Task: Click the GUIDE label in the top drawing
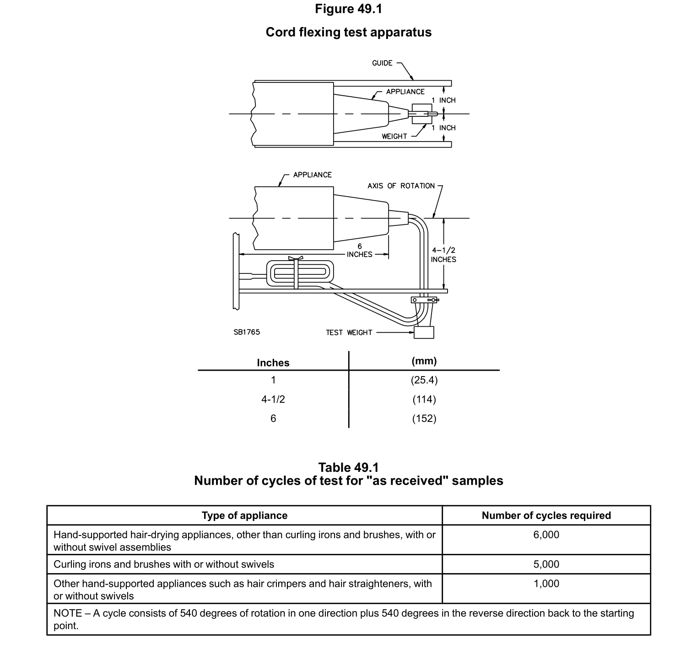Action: pos(382,63)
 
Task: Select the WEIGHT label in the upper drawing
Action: pos(394,137)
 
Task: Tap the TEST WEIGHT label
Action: pos(349,333)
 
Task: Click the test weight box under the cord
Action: pos(424,332)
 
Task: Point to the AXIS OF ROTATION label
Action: pos(401,186)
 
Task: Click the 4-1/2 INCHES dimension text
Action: pos(443,255)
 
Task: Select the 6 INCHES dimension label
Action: pos(360,251)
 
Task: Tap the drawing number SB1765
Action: pos(247,332)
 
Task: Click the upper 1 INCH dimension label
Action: pos(443,100)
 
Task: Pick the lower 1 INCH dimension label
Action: pos(443,128)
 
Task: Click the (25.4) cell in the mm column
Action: pos(424,380)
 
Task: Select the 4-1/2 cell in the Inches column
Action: pos(273,399)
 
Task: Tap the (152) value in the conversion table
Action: pos(424,419)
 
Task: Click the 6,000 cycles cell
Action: pos(546,535)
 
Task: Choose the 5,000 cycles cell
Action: pos(546,564)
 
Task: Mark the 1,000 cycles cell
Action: pos(546,584)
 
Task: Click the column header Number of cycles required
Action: pos(546,516)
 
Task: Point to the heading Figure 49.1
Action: pos(348,9)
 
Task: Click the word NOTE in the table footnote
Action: pos(68,613)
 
